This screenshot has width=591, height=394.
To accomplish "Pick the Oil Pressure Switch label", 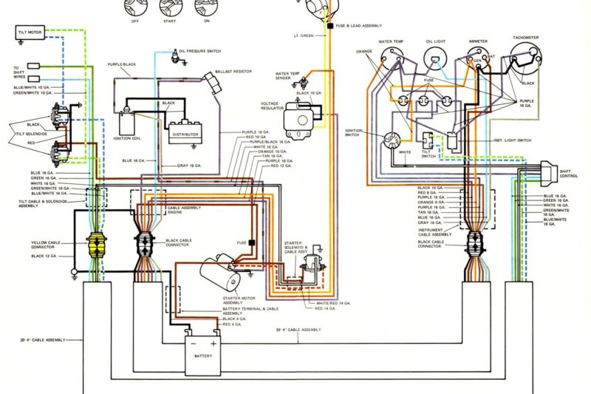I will click(199, 52).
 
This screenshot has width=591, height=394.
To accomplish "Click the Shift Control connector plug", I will click(550, 171).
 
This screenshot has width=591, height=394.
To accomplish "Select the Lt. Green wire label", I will click(304, 35).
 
